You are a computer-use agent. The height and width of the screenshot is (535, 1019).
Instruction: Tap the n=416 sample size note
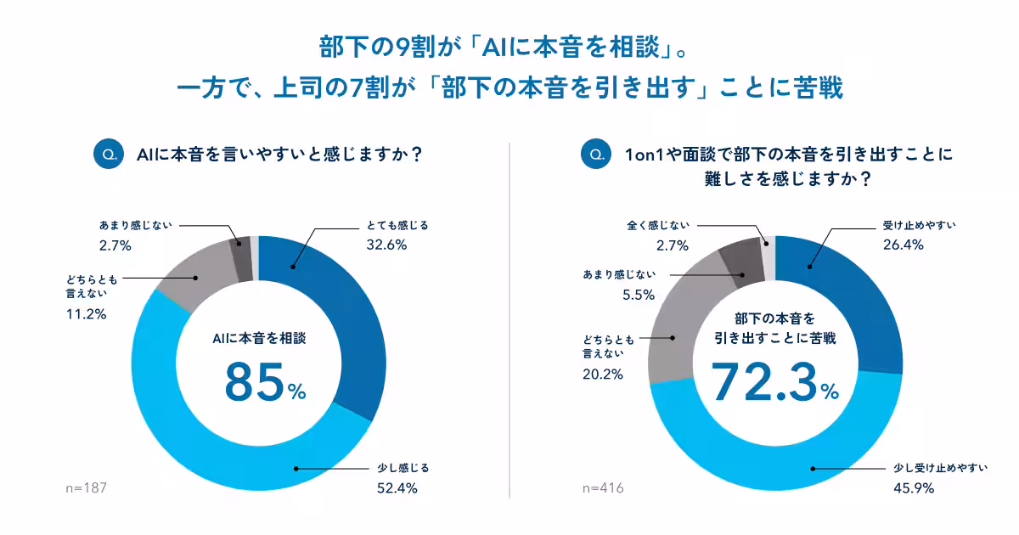603,488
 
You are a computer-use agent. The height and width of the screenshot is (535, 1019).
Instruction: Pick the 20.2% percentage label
602,374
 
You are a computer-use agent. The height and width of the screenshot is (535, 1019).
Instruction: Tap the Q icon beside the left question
109,155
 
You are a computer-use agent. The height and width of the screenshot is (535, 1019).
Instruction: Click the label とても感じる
397,225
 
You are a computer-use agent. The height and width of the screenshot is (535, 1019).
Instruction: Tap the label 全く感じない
658,225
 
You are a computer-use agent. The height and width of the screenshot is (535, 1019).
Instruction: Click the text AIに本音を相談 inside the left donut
258,337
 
